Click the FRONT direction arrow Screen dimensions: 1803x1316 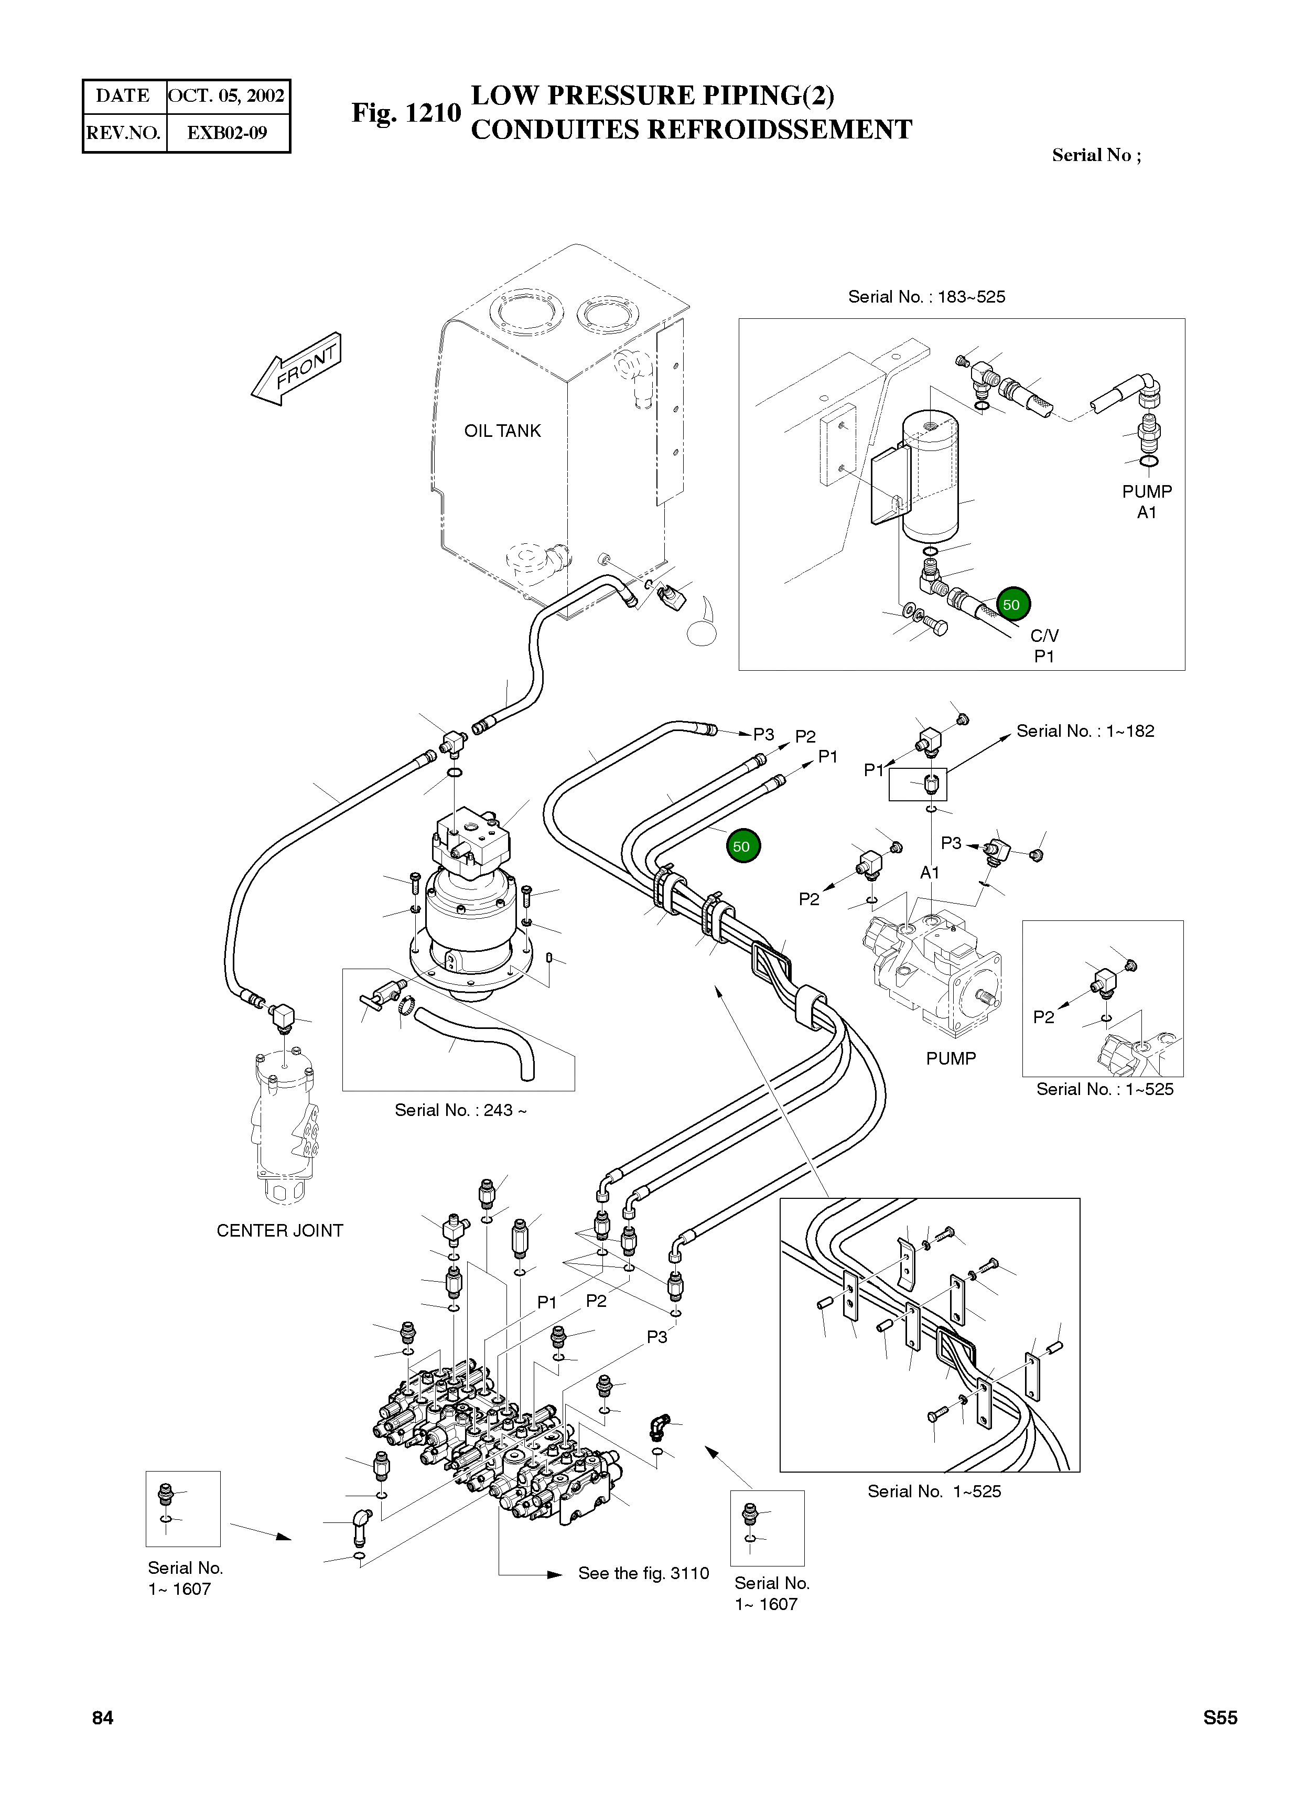tap(296, 369)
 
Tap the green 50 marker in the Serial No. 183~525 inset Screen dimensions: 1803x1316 tap(1011, 605)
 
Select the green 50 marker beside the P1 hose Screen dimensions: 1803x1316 tap(742, 846)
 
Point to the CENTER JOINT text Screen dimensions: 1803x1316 tap(279, 1230)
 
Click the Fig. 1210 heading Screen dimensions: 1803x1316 tap(406, 113)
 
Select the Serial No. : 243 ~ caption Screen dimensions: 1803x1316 tap(460, 1110)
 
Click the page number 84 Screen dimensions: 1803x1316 tap(103, 1740)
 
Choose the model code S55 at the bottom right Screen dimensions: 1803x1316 tap(1220, 1740)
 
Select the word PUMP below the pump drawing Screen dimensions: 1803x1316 tap(951, 1058)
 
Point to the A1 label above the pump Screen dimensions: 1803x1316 tap(930, 873)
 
